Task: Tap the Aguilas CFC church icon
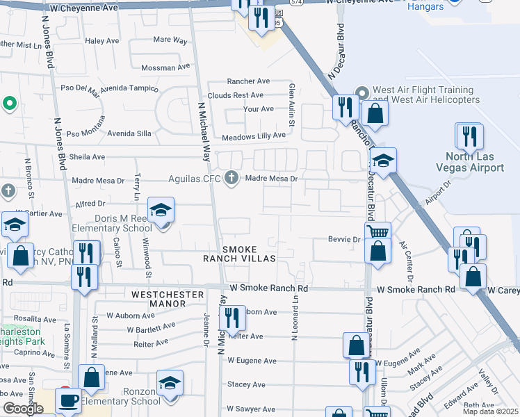pos(232,179)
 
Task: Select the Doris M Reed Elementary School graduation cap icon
pos(161,210)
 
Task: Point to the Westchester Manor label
pos(168,295)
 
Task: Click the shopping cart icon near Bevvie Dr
pos(377,232)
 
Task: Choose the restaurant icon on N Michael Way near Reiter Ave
pos(232,318)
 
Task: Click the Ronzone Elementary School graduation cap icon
pos(169,383)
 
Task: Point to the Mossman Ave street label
pos(165,67)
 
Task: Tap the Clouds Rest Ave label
pos(235,95)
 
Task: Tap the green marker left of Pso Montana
pos(9,104)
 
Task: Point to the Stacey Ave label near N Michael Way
pos(250,384)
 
